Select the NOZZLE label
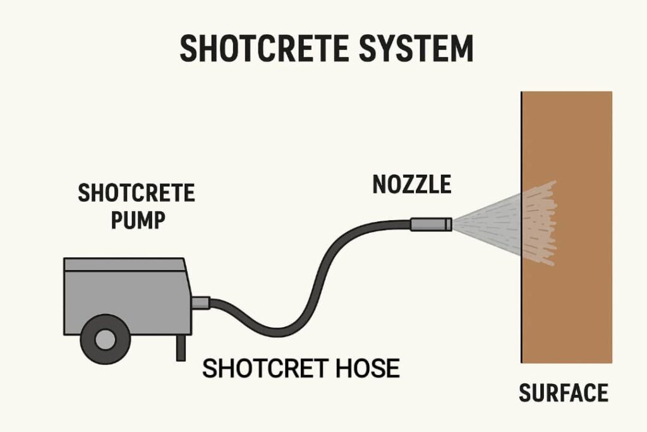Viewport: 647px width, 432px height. (412, 184)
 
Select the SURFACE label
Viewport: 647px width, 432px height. (563, 393)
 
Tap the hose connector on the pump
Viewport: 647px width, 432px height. (200, 303)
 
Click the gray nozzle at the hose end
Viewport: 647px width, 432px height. (430, 224)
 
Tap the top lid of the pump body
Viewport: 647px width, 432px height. (124, 264)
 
